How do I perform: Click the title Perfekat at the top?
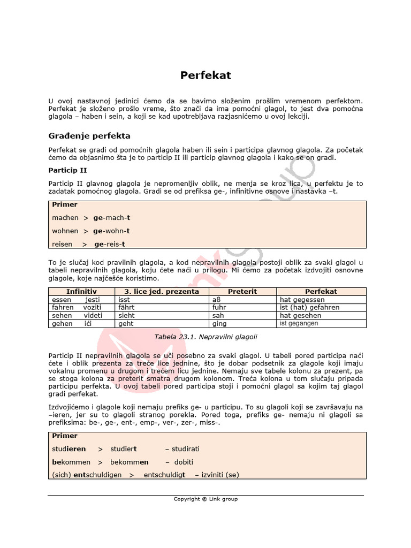click(205, 75)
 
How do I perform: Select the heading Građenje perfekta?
click(89, 136)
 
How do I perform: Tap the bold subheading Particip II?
click(68, 170)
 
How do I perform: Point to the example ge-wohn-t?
click(112, 231)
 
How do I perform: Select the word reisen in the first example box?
click(62, 244)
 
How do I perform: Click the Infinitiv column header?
click(81, 292)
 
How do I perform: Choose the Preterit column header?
click(242, 292)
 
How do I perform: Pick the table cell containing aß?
click(217, 300)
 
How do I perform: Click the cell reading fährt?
click(126, 308)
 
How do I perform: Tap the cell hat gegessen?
click(302, 300)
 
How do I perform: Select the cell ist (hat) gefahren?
click(309, 308)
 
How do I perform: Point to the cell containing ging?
click(219, 324)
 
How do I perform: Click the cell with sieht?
click(126, 316)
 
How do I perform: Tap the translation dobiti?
click(184, 462)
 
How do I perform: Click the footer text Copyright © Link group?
click(205, 499)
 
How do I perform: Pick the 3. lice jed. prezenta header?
click(161, 292)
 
